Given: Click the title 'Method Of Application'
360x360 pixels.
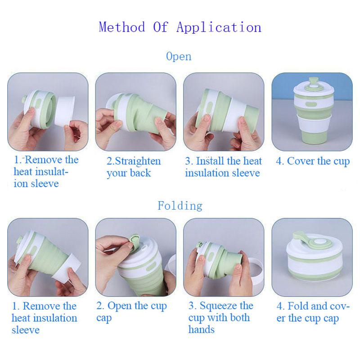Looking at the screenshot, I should click(180, 27).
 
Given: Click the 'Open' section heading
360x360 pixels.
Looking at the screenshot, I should click(179, 57).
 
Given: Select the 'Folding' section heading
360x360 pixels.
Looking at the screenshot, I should click(180, 206).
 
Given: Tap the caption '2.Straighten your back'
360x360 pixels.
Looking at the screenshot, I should click(133, 167).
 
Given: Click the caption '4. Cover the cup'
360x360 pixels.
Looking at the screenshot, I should click(312, 161).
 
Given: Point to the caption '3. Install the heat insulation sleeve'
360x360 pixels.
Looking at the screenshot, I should click(223, 167).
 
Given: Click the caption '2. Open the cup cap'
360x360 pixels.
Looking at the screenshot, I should click(131, 312).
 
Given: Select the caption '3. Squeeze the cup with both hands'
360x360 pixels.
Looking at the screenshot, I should click(220, 318).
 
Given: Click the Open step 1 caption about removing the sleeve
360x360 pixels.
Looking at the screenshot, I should click(45, 171).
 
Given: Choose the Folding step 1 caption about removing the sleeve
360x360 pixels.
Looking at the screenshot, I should click(44, 318).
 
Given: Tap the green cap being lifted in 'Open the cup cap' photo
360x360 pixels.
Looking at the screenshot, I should click(135, 238).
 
